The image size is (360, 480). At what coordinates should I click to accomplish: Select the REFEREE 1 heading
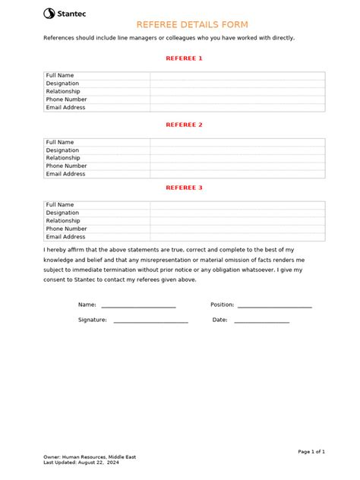click(x=184, y=58)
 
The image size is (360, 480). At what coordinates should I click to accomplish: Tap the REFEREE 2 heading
click(x=184, y=125)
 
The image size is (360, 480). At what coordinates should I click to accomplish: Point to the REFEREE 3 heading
click(x=184, y=188)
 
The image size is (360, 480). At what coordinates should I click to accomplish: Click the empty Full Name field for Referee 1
click(x=237, y=76)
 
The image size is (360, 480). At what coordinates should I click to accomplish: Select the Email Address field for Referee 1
click(x=237, y=108)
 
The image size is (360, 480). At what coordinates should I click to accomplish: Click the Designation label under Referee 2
click(x=62, y=150)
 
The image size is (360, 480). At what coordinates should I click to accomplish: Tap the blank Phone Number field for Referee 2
click(x=237, y=166)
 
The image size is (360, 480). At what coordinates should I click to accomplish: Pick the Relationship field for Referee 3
click(x=237, y=221)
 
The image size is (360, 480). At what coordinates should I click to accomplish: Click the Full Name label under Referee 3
click(x=60, y=205)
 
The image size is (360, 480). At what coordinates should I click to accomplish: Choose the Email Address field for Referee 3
click(x=237, y=237)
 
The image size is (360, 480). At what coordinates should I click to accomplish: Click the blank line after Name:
click(x=138, y=305)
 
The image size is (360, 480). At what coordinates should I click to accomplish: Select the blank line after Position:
click(x=274, y=305)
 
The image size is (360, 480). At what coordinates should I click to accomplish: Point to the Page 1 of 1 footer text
click(x=311, y=452)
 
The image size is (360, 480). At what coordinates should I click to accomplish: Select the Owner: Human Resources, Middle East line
click(x=90, y=457)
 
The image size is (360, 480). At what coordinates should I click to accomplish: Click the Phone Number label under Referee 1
click(x=66, y=99)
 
